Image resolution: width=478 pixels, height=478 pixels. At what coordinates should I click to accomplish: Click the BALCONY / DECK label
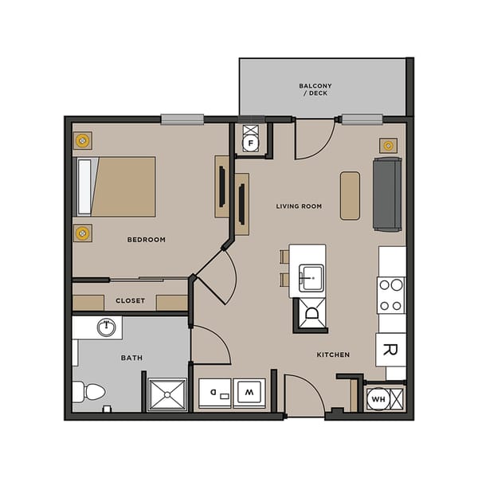pyautogui.click(x=315, y=90)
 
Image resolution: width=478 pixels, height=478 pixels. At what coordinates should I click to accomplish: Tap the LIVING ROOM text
pyautogui.click(x=299, y=206)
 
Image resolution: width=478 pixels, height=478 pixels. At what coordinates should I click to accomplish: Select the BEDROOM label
pyautogui.click(x=146, y=240)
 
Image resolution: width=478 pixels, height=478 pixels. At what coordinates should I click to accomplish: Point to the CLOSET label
pyautogui.click(x=130, y=300)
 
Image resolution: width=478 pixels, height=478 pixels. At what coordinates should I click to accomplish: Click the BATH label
pyautogui.click(x=131, y=358)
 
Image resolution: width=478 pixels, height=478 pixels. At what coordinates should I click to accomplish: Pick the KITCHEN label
pyautogui.click(x=333, y=355)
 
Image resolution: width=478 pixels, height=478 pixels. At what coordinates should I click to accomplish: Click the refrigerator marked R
pyautogui.click(x=391, y=349)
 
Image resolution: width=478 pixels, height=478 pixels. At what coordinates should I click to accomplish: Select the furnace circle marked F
pyautogui.click(x=251, y=144)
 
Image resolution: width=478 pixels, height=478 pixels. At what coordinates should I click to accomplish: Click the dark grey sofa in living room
pyautogui.click(x=387, y=194)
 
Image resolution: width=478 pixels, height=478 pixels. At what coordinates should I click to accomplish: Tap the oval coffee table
pyautogui.click(x=350, y=195)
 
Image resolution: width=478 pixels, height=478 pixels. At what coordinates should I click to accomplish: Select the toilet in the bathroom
pyautogui.click(x=90, y=392)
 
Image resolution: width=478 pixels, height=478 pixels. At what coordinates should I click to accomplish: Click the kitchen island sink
pyautogui.click(x=311, y=276)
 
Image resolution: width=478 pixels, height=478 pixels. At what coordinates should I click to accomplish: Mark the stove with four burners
pyautogui.click(x=391, y=294)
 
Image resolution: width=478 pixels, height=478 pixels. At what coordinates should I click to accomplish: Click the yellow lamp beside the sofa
pyautogui.click(x=388, y=145)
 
